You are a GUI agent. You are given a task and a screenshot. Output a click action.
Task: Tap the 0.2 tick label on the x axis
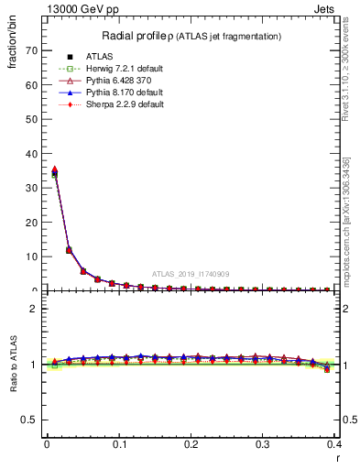[x=191, y=444]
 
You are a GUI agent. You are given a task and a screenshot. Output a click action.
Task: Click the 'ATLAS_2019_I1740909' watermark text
[x=191, y=274]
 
